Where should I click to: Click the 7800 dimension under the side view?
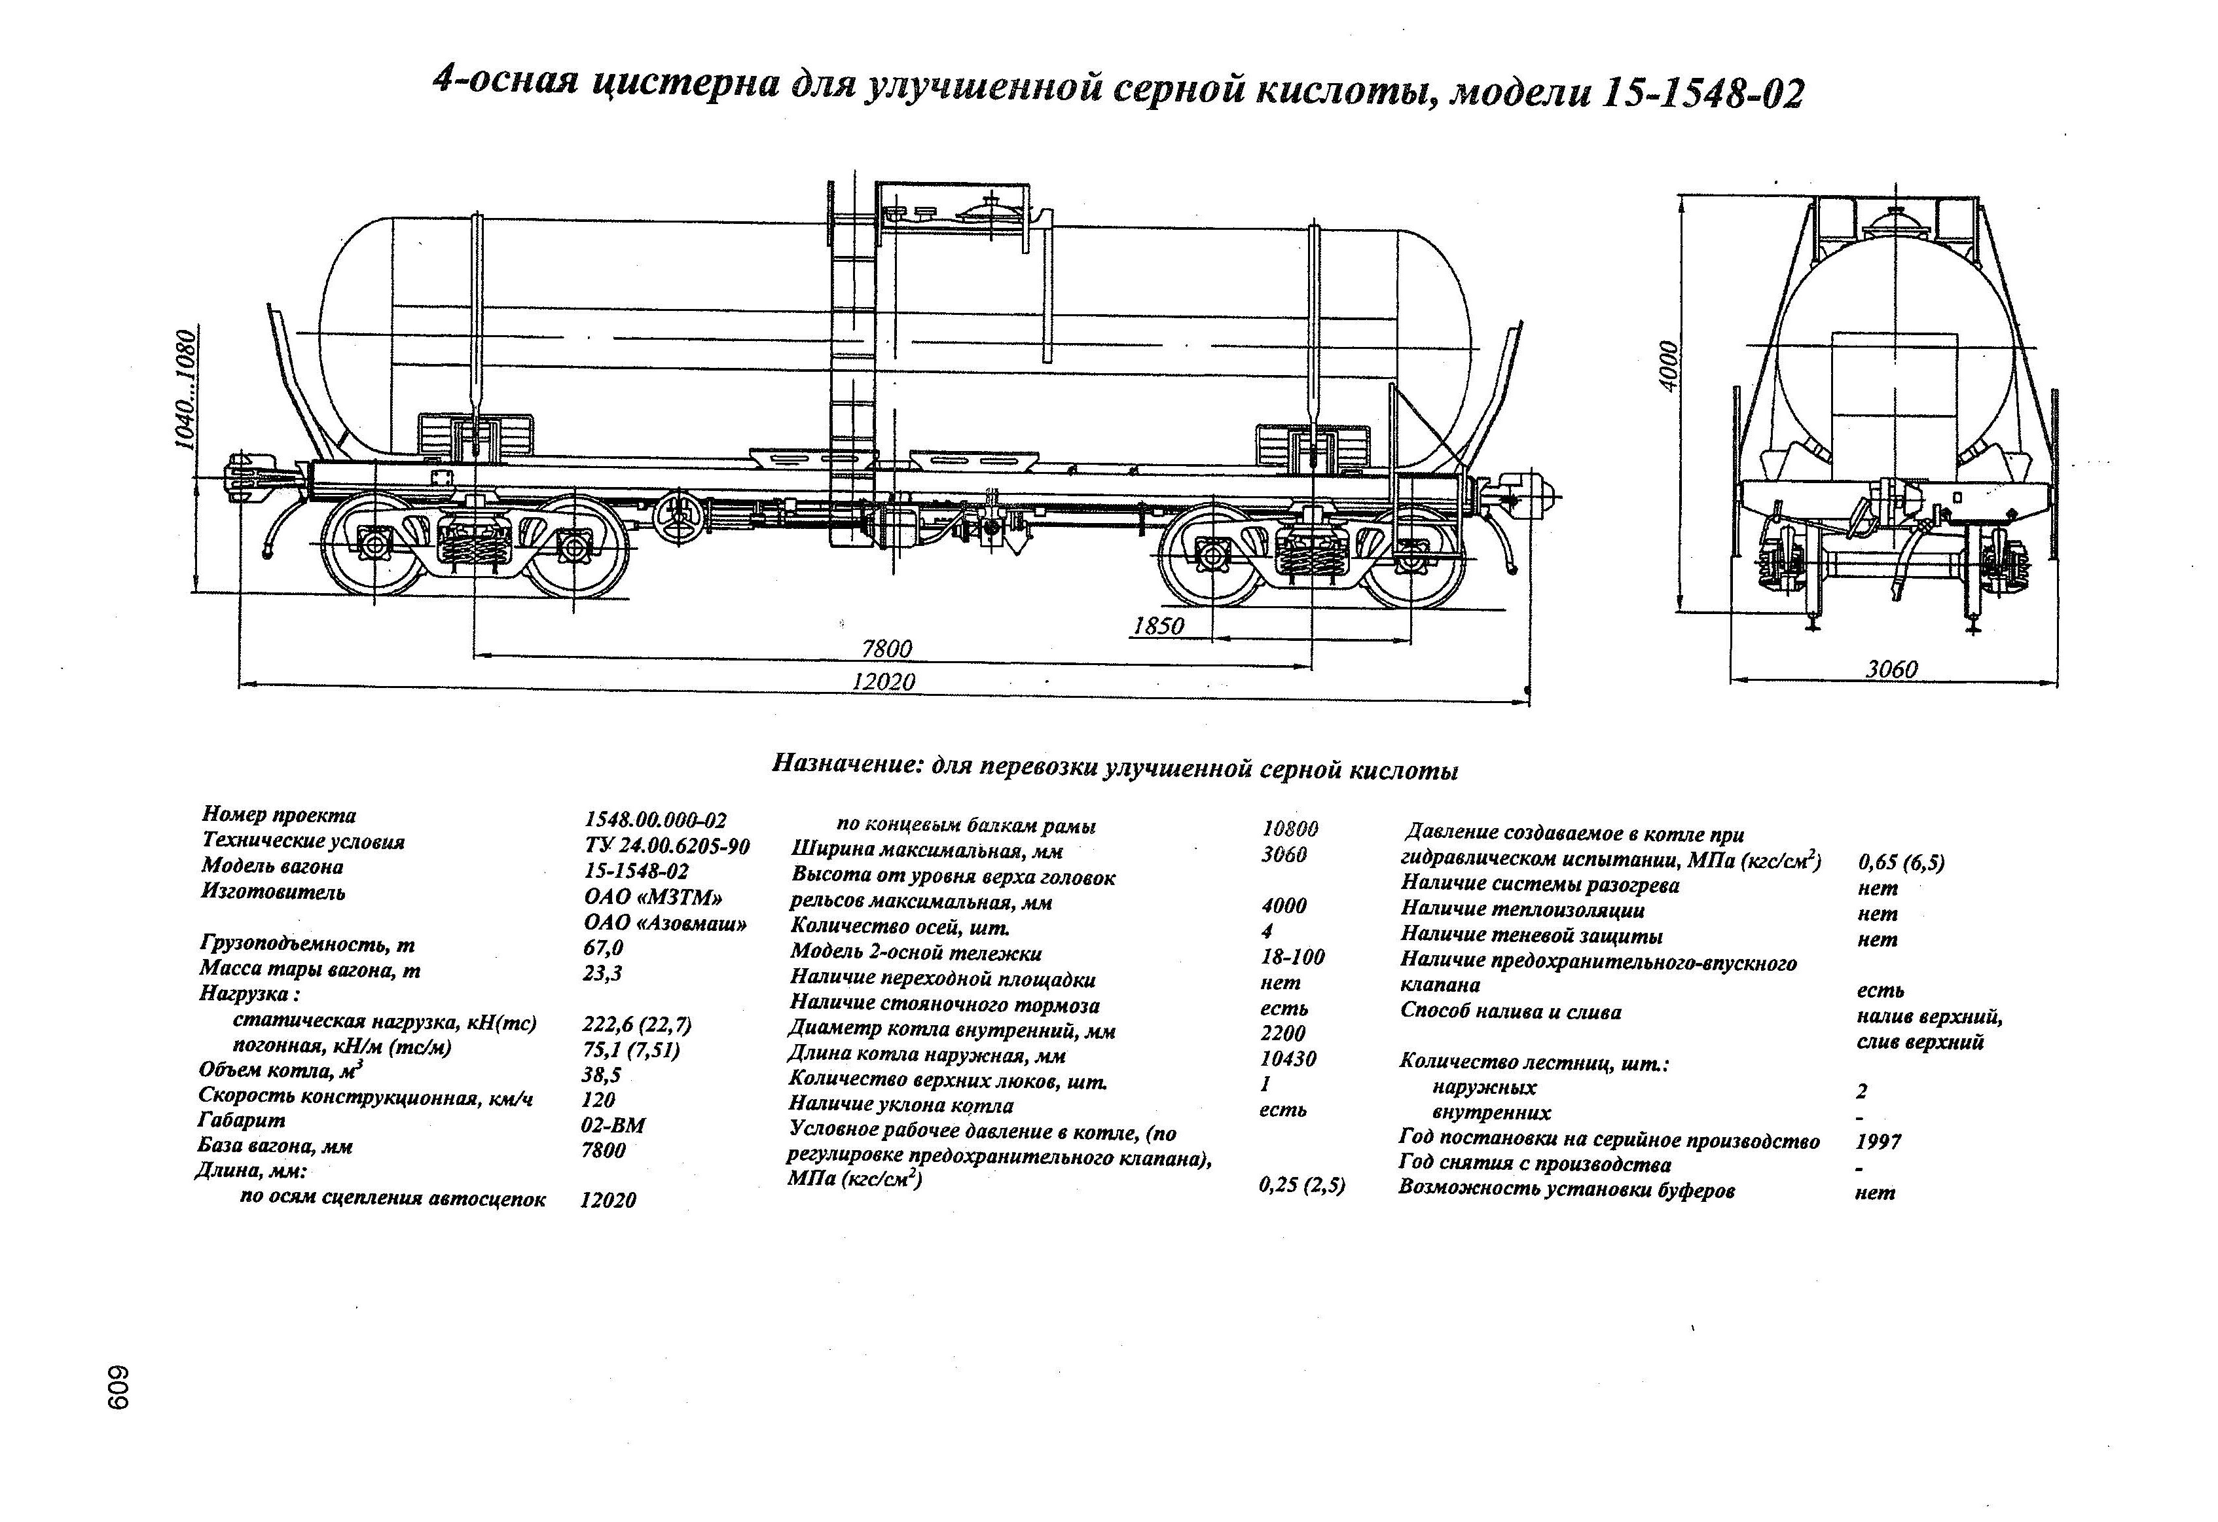pyautogui.click(x=886, y=649)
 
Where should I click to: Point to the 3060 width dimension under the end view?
pyautogui.click(x=1891, y=670)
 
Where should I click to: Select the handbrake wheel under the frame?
pyautogui.click(x=682, y=518)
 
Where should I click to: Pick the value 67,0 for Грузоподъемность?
pyautogui.click(x=603, y=947)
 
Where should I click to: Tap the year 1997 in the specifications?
pyautogui.click(x=1878, y=1141)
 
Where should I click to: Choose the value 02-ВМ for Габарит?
pyautogui.click(x=613, y=1125)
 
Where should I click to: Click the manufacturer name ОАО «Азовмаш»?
pyautogui.click(x=665, y=923)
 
